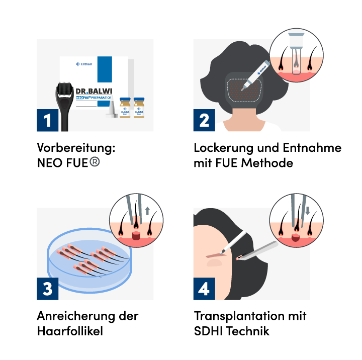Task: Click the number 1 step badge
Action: pyautogui.click(x=47, y=121)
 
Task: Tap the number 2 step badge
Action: pyautogui.click(x=204, y=121)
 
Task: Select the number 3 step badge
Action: pyautogui.click(x=47, y=289)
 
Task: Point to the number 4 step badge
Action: pyautogui.click(x=204, y=289)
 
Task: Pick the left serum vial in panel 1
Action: pyautogui.click(x=125, y=108)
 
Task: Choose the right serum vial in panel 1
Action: pyautogui.click(x=139, y=108)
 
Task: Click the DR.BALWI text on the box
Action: pyautogui.click(x=94, y=91)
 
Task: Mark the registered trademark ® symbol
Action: pyautogui.click(x=95, y=161)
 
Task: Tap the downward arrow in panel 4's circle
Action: pyautogui.click(x=307, y=211)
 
